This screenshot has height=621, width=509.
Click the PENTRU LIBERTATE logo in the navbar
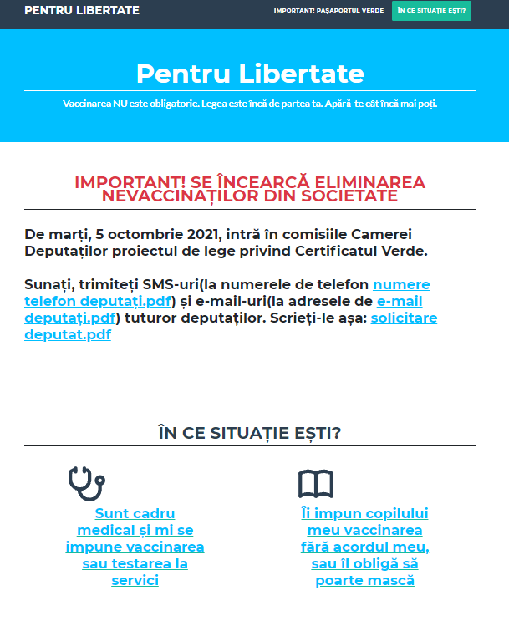tap(82, 11)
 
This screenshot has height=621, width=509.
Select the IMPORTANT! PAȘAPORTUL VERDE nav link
tap(328, 11)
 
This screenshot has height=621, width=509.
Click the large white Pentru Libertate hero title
tap(250, 74)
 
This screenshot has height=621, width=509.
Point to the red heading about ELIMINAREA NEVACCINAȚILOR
tap(250, 189)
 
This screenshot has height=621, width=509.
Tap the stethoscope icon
tap(86, 483)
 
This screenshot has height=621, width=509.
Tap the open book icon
tap(316, 484)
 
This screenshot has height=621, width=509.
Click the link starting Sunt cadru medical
tap(135, 547)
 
